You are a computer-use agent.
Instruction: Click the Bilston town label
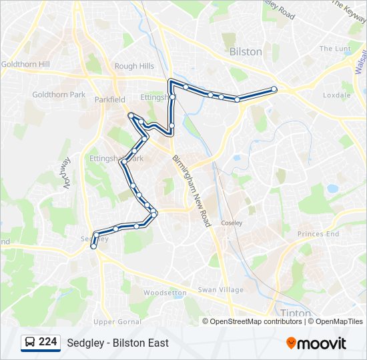[x=246, y=51]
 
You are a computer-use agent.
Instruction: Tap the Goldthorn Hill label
[x=25, y=64]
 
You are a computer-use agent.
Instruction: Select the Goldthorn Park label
[x=59, y=95]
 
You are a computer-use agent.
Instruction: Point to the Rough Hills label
[x=135, y=66]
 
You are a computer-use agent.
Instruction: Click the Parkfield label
[x=109, y=99]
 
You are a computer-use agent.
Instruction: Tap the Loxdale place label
[x=336, y=95]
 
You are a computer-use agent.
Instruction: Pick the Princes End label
[x=318, y=234]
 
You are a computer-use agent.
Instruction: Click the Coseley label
[x=232, y=223]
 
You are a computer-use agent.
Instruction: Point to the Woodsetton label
[x=165, y=293]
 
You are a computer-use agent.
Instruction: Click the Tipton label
[x=292, y=313]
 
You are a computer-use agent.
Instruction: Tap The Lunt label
[x=334, y=49]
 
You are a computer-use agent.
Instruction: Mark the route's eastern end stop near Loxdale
[x=274, y=89]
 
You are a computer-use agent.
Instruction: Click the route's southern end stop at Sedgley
[x=93, y=247]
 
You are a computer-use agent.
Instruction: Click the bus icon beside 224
[x=30, y=343]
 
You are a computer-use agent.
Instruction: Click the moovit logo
[x=316, y=343]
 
